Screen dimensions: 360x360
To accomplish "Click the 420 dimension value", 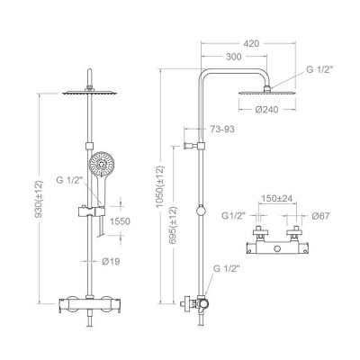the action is pos(251,43).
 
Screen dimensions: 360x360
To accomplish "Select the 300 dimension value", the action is pos(233,57).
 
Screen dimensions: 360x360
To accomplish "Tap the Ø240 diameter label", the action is pos(266,110).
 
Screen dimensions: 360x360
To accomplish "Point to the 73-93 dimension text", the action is pos(221,130).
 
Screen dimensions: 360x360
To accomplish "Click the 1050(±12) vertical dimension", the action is pos(160,186).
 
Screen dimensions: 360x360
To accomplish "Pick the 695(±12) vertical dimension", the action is pos(173,225).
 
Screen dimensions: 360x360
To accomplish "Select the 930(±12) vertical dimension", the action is pos(39,199).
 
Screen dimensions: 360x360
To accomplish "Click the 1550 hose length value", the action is pos(120,221).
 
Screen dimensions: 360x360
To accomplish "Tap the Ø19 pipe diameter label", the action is pos(111,262).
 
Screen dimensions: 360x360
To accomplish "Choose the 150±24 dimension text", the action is pos(277,199).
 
